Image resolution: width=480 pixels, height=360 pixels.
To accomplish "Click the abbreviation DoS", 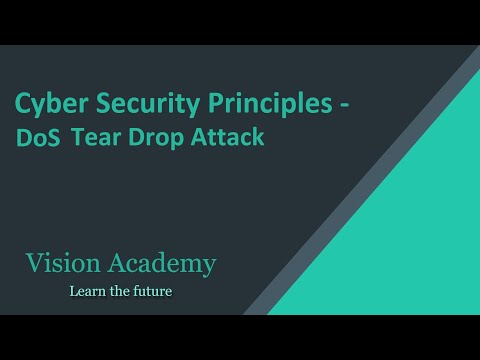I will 38,138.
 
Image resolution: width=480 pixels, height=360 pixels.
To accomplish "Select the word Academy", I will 164,265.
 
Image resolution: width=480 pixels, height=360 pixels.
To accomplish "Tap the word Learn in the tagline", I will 86,292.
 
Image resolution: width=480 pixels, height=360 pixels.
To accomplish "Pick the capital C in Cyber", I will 22,103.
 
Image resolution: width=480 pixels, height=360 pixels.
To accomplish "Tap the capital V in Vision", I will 35,264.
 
